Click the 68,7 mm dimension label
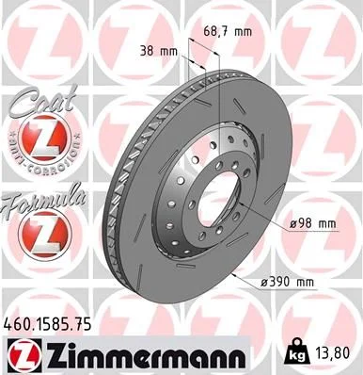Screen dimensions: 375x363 point(228,32)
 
